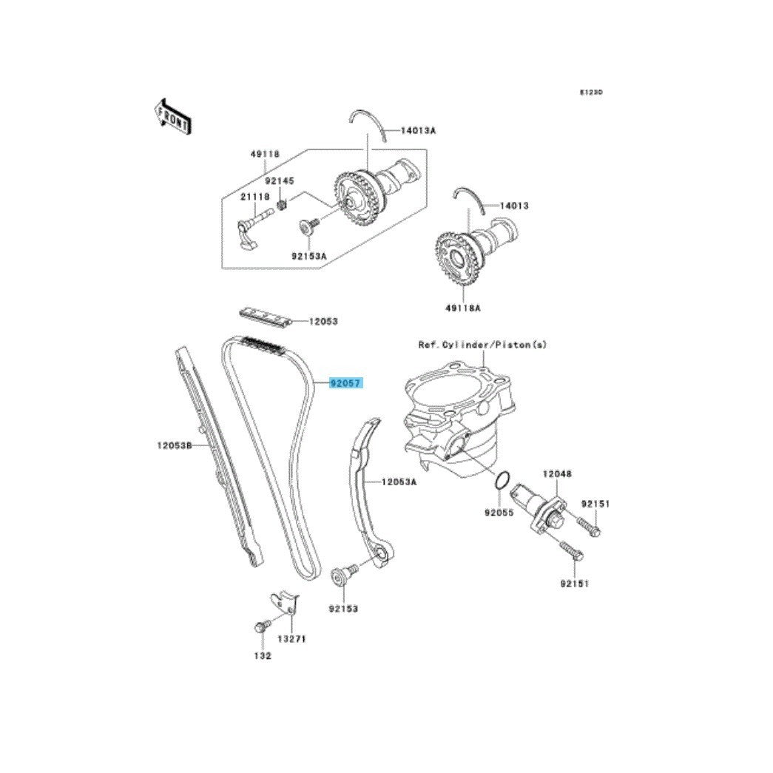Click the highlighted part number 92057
coord(346,382)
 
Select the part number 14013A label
coord(418,131)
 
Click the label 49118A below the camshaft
coord(463,308)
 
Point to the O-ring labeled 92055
coord(502,481)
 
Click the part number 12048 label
coord(557,473)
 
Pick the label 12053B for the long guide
coord(174,445)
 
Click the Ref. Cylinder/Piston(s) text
coord(482,345)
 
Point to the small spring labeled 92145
coord(283,203)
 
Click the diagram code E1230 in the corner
coord(590,92)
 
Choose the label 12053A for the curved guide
coord(399,482)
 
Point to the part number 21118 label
coord(255,197)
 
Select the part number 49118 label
coord(265,154)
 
